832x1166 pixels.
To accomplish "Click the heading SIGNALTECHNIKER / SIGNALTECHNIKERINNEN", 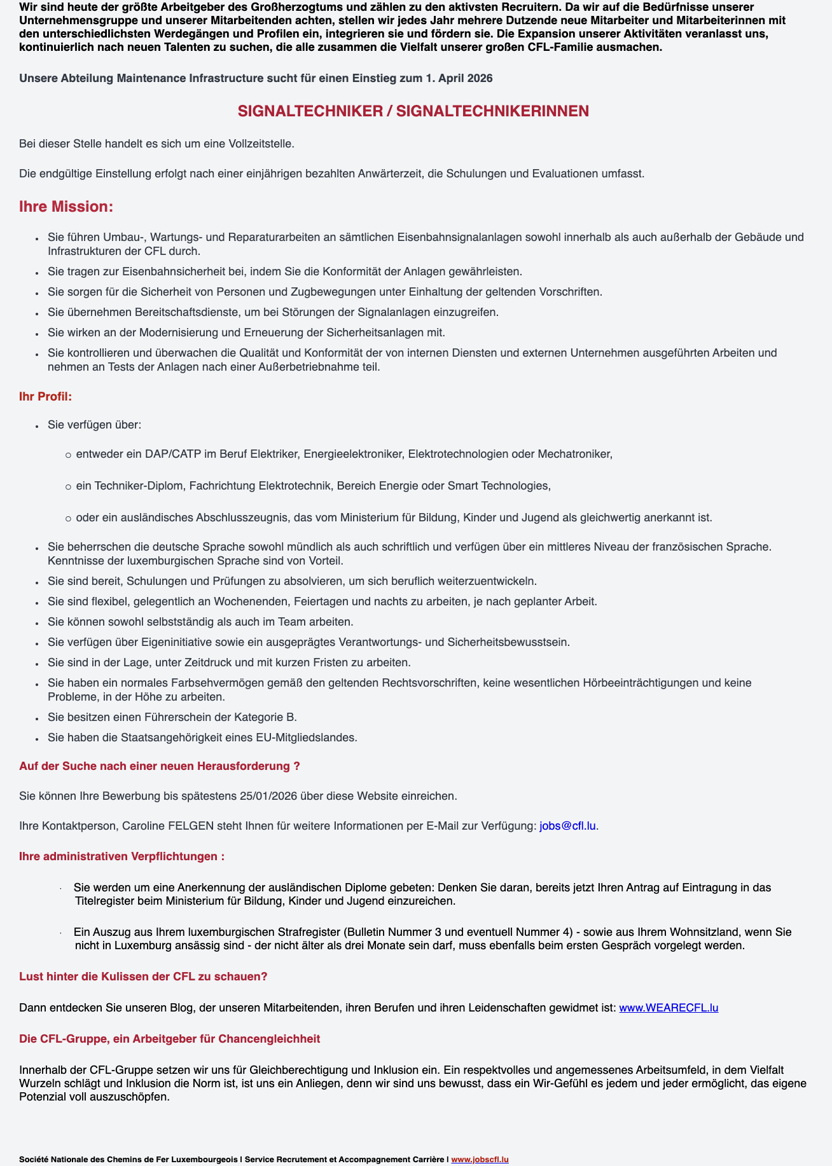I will [413, 111].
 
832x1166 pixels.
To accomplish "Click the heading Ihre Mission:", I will [66, 207].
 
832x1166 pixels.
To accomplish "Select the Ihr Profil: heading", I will [46, 396].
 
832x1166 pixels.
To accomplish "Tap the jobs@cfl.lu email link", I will [567, 826].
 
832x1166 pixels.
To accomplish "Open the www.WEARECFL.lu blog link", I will [669, 1008].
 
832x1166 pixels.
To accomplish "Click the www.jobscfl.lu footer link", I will [480, 1159].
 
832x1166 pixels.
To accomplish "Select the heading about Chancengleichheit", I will [170, 1038].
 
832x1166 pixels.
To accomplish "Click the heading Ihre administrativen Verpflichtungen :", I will [121, 856].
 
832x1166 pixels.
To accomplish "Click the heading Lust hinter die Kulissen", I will [143, 977].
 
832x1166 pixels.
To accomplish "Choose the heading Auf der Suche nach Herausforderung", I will [160, 766].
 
